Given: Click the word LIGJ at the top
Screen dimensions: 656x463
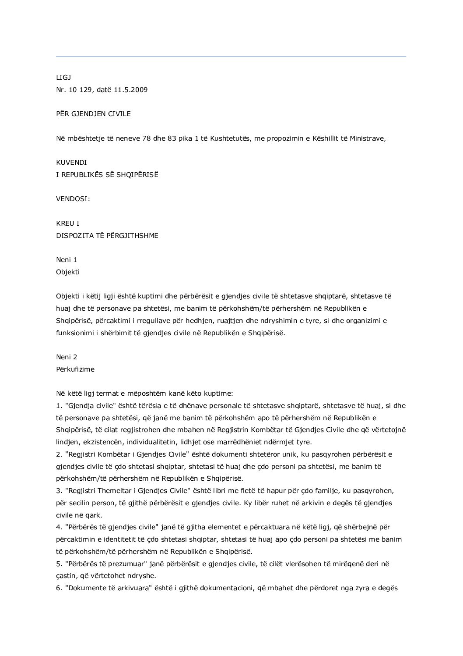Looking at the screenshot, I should click(x=63, y=78).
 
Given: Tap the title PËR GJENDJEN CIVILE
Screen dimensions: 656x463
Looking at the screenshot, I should click(x=93, y=114).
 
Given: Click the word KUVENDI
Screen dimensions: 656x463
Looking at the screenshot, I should click(x=71, y=163).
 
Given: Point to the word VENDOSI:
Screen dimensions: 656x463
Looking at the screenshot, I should click(x=73, y=199).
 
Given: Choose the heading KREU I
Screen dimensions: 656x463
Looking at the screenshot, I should click(x=68, y=223).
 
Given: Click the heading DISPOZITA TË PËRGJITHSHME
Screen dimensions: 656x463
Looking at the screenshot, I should click(x=107, y=236).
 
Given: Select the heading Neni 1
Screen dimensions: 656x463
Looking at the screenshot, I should click(x=67, y=260).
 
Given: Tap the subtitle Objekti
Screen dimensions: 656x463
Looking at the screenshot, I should click(x=68, y=272).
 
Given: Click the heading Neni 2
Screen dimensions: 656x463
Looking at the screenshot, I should click(x=67, y=357).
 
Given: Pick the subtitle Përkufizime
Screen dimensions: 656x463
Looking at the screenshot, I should click(x=75, y=369).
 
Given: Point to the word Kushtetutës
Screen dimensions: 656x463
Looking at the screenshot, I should click(x=230, y=138).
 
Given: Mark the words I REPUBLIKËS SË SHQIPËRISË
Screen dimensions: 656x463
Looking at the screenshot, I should click(x=107, y=175).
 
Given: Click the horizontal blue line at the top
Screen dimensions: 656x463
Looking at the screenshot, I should click(x=231, y=57).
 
